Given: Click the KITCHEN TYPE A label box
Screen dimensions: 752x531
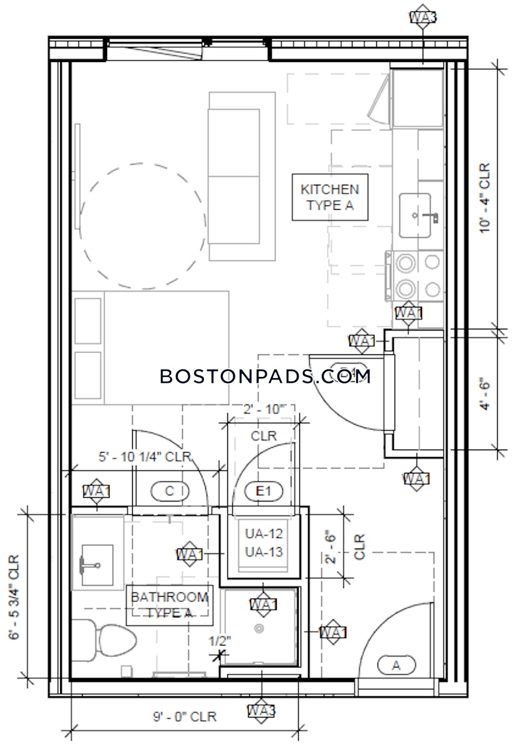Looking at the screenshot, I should [329, 197].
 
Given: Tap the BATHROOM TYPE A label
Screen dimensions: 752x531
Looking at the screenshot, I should [168, 605].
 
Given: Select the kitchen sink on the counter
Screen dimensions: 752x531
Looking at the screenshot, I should [415, 215].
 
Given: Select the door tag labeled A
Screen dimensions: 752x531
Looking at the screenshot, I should [396, 666].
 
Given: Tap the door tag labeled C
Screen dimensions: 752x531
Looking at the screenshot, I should [169, 492].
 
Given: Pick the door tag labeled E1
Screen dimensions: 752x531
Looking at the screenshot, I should [264, 492].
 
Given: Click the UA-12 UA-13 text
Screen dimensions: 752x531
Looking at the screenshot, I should [264, 543].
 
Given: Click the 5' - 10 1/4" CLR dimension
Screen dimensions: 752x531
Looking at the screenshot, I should [144, 456].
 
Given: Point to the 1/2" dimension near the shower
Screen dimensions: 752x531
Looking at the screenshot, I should [220, 641].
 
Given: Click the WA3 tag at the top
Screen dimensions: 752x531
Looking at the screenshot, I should [423, 17].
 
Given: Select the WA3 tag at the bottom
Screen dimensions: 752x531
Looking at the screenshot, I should [261, 711].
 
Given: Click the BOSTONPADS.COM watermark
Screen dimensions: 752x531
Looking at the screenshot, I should [265, 376].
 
